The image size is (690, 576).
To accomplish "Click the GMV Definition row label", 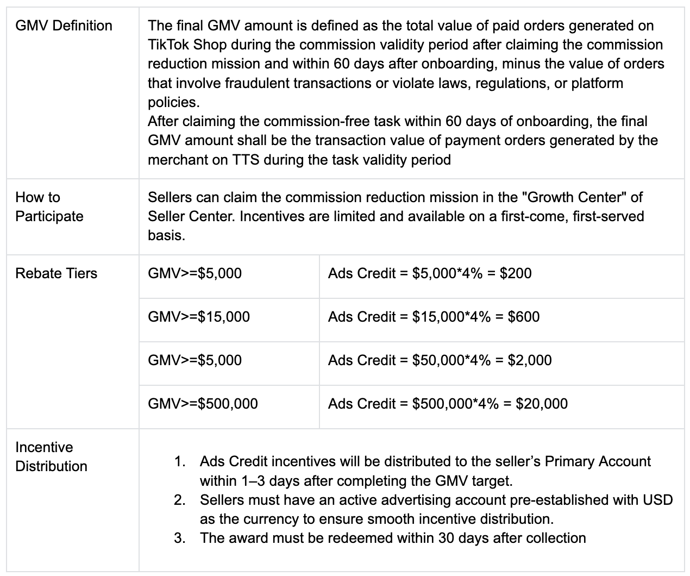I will coord(64,26).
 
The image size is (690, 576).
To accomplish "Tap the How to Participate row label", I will coord(49,206).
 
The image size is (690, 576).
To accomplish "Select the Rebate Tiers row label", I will coord(56,273).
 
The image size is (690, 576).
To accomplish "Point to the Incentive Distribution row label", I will coord(51,456).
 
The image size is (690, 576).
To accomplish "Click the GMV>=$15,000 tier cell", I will coord(199,316).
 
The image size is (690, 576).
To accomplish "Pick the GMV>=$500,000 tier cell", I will coord(203,403).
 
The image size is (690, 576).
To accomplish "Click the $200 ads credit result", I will coord(516,273).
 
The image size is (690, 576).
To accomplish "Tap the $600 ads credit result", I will coord(524,316).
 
